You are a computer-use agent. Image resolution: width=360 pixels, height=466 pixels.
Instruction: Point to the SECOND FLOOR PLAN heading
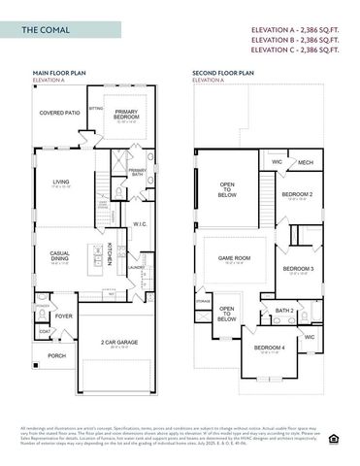[x=223, y=73]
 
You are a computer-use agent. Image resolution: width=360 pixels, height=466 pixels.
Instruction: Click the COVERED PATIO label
[x=59, y=114]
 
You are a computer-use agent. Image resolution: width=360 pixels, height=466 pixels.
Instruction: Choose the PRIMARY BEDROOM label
[x=124, y=115]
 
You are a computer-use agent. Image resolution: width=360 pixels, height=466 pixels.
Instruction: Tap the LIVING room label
[x=62, y=182]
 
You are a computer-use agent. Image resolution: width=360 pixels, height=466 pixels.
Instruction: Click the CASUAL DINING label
[x=59, y=256]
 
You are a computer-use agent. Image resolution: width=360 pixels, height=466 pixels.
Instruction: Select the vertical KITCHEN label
[x=110, y=253]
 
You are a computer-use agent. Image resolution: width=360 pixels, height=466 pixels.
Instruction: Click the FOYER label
[x=64, y=316]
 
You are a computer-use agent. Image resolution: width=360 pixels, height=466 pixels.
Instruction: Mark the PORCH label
[x=57, y=355]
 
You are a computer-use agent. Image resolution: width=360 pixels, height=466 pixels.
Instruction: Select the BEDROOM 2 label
[x=296, y=194]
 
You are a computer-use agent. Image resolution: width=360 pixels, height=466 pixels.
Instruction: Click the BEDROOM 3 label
[x=297, y=268]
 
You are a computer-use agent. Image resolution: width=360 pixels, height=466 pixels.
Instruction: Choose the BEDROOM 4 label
[x=269, y=348]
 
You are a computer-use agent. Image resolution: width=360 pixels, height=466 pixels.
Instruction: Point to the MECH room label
[x=305, y=162]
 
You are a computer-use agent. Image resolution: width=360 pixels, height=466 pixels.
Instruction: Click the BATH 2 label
[x=284, y=311]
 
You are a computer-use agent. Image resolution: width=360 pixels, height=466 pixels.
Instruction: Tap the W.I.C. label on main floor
[x=139, y=223]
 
